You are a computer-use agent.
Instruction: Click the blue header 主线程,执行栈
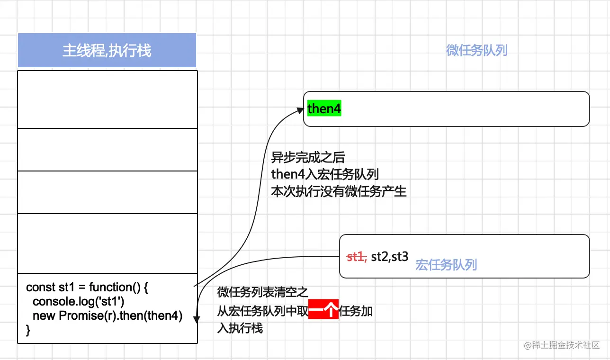click(x=107, y=51)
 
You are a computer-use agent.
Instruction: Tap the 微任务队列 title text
click(x=476, y=50)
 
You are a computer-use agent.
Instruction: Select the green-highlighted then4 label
click(x=324, y=109)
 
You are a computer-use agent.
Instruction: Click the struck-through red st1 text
click(x=357, y=257)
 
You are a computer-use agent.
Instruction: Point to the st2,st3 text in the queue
click(x=389, y=257)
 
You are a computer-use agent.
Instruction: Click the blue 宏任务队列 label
click(x=446, y=264)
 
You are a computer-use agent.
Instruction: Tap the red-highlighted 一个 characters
click(x=323, y=311)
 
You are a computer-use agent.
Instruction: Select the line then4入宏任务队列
click(x=325, y=174)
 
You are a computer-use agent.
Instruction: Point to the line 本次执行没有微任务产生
click(x=339, y=191)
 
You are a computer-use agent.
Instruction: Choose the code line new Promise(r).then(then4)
click(x=108, y=315)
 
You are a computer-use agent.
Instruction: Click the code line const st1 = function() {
click(x=87, y=287)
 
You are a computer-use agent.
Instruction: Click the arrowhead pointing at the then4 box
click(x=300, y=110)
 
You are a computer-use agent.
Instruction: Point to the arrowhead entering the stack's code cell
click(x=196, y=321)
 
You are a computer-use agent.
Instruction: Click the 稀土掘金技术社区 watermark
click(x=562, y=345)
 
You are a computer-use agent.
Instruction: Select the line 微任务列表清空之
click(x=262, y=292)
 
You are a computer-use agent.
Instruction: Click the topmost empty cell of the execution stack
click(x=107, y=99)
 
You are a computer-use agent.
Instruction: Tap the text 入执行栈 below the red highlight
click(x=240, y=328)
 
